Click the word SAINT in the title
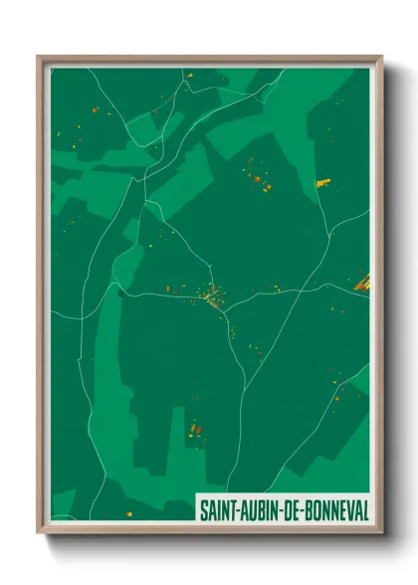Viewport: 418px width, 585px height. pos(220,508)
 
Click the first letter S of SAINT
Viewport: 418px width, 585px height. pos(204,508)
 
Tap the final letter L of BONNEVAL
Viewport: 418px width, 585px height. pos(364,508)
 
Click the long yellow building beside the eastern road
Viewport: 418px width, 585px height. pos(322,182)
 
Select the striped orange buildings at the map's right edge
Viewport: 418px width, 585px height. pos(361,284)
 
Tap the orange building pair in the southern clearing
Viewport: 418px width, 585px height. pos(195,429)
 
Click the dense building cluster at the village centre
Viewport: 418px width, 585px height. pos(214,296)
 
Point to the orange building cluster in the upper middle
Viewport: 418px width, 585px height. pos(260,180)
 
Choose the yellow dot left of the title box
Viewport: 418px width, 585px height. pos(127,511)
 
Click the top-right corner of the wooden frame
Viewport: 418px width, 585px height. pos(381,56)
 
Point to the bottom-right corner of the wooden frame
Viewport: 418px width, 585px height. pos(381,531)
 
